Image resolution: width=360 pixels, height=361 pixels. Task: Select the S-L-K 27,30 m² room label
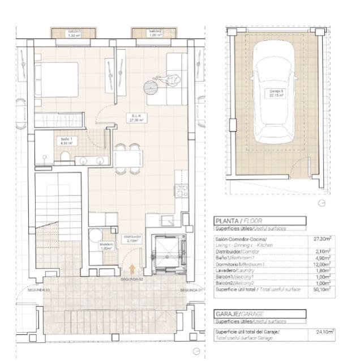[x=135, y=118]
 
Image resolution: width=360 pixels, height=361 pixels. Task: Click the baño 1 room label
[x=66, y=141]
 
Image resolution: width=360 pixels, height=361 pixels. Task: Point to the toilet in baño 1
[x=66, y=156]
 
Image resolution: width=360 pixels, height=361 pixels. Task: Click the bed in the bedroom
[x=57, y=79]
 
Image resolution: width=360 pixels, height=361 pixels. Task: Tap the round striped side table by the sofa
[x=151, y=87]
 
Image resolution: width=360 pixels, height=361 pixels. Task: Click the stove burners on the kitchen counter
[x=181, y=190]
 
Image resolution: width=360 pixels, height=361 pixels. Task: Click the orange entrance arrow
[x=132, y=269]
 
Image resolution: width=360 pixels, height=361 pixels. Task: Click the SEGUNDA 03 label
[x=39, y=290]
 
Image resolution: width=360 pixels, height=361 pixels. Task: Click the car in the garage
[x=275, y=94]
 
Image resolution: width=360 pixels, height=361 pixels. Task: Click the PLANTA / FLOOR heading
[x=237, y=221]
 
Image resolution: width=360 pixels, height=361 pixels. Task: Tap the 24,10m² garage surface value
[x=323, y=332]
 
